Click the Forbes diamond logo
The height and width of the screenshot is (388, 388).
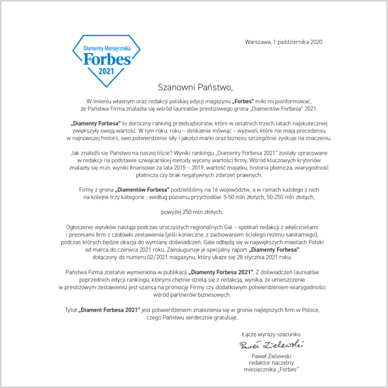click(107, 61)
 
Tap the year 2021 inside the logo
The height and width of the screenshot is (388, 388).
click(106, 71)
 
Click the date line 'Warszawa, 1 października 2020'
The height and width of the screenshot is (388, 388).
click(283, 42)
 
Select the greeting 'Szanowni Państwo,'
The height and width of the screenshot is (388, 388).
click(195, 87)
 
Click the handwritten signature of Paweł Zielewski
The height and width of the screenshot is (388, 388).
click(271, 345)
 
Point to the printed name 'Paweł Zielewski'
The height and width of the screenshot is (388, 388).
click(271, 356)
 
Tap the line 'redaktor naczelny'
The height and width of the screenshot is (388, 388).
click(271, 363)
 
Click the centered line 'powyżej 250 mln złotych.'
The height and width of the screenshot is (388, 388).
click(192, 212)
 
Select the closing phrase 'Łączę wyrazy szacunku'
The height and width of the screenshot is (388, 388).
click(271, 334)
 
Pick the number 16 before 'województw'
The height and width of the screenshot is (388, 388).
click(215, 190)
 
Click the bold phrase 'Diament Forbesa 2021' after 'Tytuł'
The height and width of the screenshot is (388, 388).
click(109, 310)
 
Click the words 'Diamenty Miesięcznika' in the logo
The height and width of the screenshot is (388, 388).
click(107, 48)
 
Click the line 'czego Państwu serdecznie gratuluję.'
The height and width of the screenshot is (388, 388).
click(192, 318)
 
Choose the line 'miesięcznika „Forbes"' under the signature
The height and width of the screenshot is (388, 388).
click(271, 370)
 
